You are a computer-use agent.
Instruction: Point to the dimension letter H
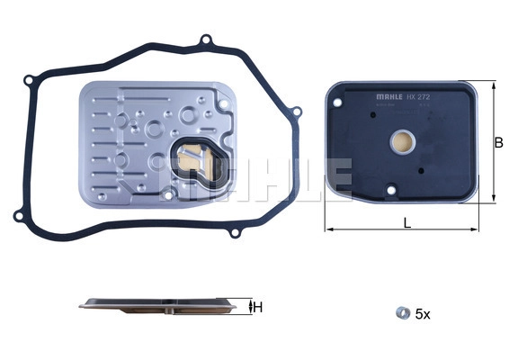click(259, 308)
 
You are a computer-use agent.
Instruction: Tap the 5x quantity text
click(422, 314)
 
